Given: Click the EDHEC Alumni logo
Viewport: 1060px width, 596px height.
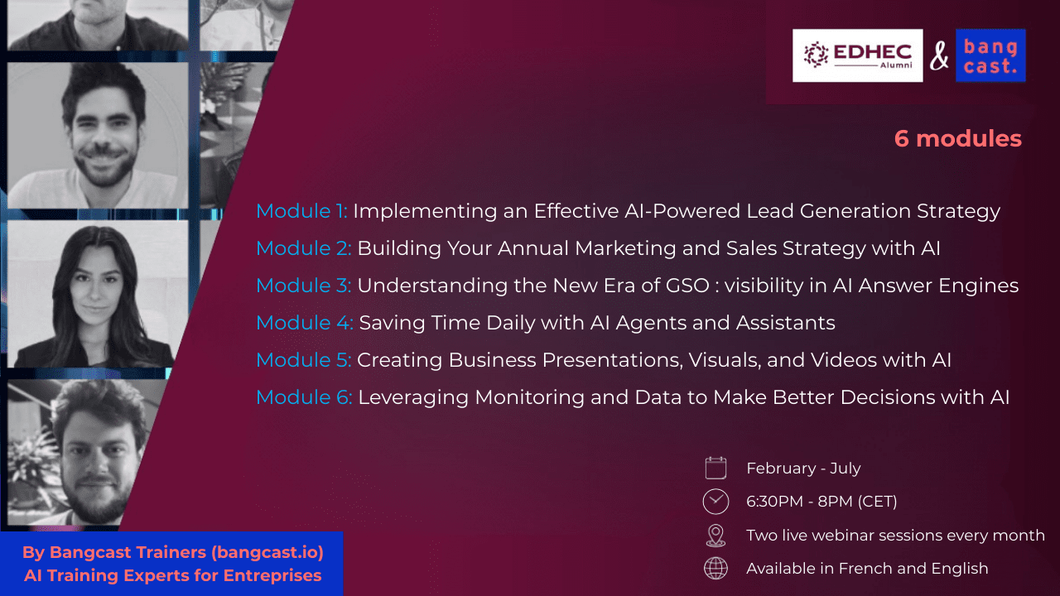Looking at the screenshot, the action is pyautogui.click(x=857, y=55).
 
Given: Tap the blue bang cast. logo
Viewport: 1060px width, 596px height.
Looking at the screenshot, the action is pyautogui.click(x=990, y=55).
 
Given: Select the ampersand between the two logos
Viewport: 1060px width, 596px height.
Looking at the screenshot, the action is pyautogui.click(x=939, y=55).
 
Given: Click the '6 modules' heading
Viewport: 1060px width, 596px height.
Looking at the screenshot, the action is pyautogui.click(x=958, y=138).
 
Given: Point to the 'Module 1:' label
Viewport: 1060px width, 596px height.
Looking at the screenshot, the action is pyautogui.click(x=301, y=211).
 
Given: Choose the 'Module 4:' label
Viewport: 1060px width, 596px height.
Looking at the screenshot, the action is pyautogui.click(x=304, y=323).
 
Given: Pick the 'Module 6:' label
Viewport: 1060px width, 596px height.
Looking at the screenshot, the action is pyautogui.click(x=304, y=397).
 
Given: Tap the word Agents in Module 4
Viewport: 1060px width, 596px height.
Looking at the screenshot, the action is pyautogui.click(x=651, y=324).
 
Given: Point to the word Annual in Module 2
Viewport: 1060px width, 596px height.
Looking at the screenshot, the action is pyautogui.click(x=532, y=248).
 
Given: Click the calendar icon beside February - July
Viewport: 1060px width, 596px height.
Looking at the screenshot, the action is pyautogui.click(x=715, y=469).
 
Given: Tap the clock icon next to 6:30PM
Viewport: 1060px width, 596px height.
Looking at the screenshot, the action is pyautogui.click(x=715, y=502).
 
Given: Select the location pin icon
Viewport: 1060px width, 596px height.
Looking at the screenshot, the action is pyautogui.click(x=715, y=536).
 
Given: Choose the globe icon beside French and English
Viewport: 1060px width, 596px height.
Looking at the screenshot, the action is pyautogui.click(x=715, y=569).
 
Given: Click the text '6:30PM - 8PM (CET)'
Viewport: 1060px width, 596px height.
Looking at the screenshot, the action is pyautogui.click(x=821, y=502).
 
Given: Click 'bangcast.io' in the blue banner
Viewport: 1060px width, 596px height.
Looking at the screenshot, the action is pyautogui.click(x=267, y=552).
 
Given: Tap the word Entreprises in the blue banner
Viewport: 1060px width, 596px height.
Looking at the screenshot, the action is pyautogui.click(x=272, y=576).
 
